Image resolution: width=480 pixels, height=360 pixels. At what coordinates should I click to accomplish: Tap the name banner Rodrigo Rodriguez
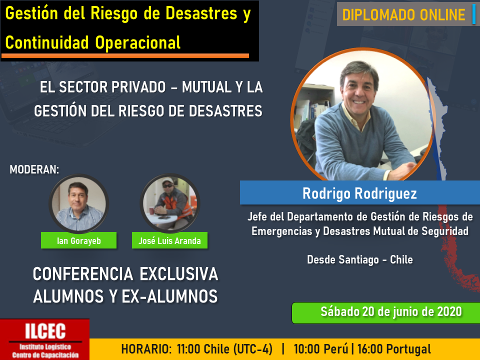359,193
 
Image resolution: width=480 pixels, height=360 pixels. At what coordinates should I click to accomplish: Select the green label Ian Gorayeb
78,240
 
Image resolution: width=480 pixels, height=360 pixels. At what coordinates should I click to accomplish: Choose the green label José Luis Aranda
169,240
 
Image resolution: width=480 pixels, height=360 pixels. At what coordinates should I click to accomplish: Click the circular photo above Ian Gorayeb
78,203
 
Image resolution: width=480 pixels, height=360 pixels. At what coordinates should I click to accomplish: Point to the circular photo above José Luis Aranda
170,203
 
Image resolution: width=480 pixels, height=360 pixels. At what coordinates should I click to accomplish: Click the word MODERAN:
34,169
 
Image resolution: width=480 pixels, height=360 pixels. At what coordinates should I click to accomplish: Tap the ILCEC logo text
45,331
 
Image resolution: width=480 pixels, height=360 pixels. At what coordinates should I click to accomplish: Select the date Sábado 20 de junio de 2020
391,312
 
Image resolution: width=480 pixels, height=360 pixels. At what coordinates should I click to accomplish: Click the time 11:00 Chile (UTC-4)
224,349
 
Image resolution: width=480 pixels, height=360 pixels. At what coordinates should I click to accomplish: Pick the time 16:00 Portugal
394,349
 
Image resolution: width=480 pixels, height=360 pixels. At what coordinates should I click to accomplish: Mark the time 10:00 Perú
321,349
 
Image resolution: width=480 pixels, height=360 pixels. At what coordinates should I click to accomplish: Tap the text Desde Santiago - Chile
359,259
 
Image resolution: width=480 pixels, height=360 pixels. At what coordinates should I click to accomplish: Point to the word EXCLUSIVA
179,273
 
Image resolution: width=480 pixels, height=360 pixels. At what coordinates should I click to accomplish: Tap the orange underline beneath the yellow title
125,55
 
